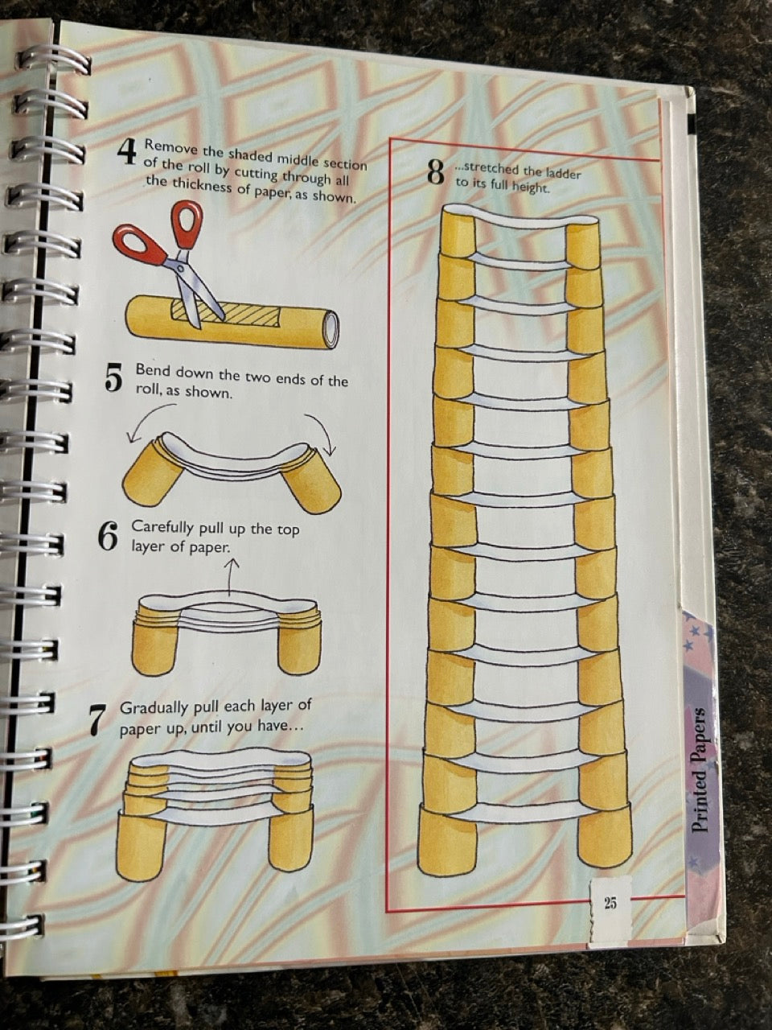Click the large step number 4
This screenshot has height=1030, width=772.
tap(126, 150)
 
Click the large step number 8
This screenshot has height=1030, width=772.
tap(436, 172)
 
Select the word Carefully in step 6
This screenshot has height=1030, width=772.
tap(162, 529)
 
